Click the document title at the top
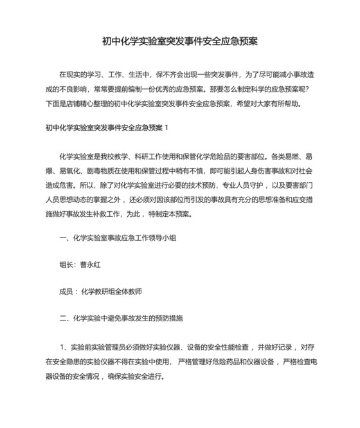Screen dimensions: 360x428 [x=180, y=42]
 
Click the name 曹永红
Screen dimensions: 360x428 [x=93, y=264]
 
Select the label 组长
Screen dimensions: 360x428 [x=66, y=264]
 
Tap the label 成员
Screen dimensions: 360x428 [x=66, y=291]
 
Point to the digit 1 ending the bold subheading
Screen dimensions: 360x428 [x=166, y=127]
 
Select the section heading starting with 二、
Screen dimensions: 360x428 [x=122, y=318]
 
